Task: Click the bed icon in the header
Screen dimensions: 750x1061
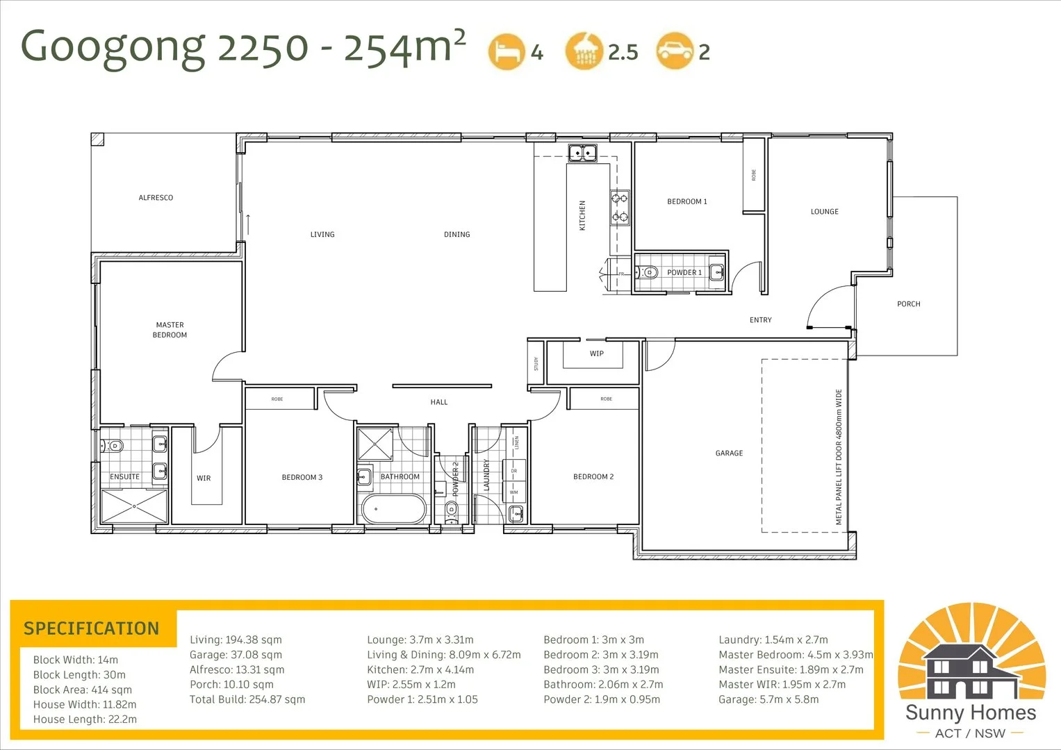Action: point(506,51)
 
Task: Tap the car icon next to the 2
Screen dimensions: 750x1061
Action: point(675,51)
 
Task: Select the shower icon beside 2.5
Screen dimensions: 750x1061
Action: point(584,51)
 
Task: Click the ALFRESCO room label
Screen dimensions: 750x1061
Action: point(156,198)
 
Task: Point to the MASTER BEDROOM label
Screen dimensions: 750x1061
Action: point(170,330)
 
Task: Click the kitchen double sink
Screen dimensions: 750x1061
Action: point(582,152)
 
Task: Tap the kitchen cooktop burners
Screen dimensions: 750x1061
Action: point(620,208)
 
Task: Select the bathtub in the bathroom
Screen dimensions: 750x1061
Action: point(393,509)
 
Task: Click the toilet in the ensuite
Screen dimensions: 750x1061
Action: point(114,445)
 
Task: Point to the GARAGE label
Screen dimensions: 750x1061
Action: point(729,453)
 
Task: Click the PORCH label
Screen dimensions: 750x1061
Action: point(908,304)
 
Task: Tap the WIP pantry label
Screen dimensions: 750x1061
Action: point(596,353)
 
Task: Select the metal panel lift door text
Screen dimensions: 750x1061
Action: point(839,456)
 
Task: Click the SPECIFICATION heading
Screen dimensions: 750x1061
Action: point(92,628)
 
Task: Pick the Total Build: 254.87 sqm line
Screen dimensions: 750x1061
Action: point(247,699)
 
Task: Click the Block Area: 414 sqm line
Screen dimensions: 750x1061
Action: point(82,690)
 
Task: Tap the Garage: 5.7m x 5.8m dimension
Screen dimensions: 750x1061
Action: point(768,699)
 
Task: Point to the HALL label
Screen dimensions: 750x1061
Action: point(438,402)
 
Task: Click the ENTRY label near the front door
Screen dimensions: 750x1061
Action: point(760,320)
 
